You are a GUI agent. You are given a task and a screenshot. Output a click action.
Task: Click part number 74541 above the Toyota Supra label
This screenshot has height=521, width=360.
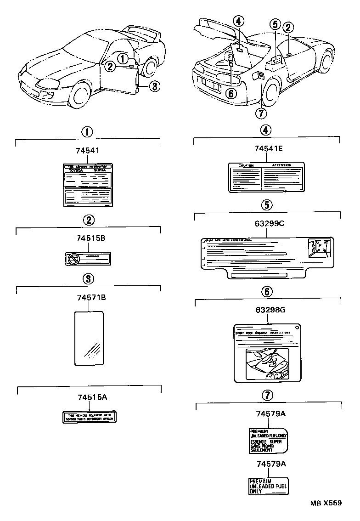coord(87,150)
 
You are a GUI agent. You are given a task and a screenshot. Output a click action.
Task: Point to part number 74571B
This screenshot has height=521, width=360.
coord(88,298)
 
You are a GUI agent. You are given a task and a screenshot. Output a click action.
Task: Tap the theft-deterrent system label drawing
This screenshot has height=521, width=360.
coord(90,417)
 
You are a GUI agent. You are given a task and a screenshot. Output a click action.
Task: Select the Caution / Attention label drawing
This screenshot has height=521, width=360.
coord(267,177)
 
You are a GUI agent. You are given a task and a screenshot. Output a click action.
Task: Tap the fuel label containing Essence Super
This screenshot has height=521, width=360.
coord(268,441)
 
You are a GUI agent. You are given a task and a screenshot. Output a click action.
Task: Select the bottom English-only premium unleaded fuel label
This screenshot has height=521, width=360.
coord(268,485)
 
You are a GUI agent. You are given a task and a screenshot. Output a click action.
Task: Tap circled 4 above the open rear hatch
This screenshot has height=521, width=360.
coord(237,21)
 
